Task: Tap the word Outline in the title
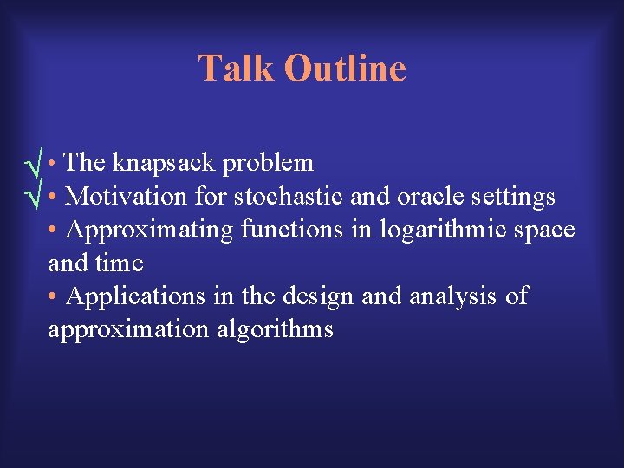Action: (x=344, y=68)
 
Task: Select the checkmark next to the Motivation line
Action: (x=35, y=198)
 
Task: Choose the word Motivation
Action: (x=126, y=197)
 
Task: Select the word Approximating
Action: (x=150, y=230)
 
